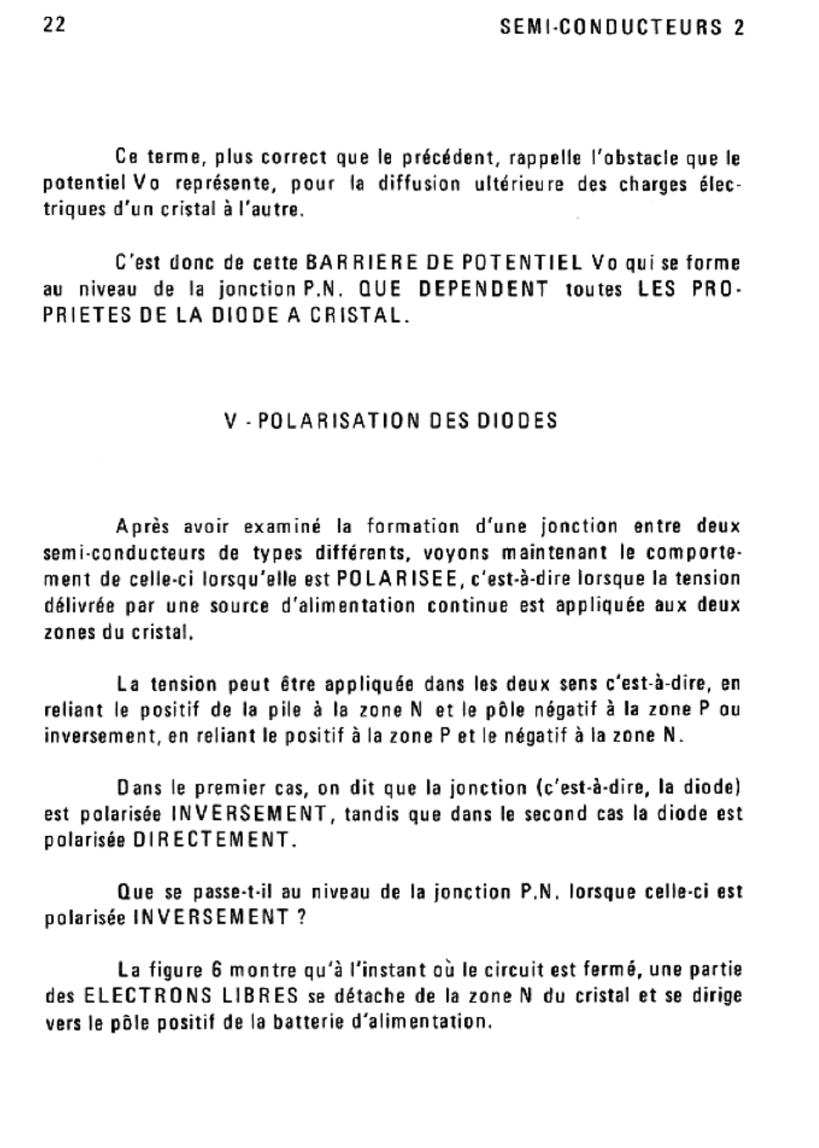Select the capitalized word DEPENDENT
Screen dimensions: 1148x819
483,289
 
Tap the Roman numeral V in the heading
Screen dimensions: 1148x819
231,421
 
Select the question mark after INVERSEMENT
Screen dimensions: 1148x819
301,918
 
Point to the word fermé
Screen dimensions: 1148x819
540,970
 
